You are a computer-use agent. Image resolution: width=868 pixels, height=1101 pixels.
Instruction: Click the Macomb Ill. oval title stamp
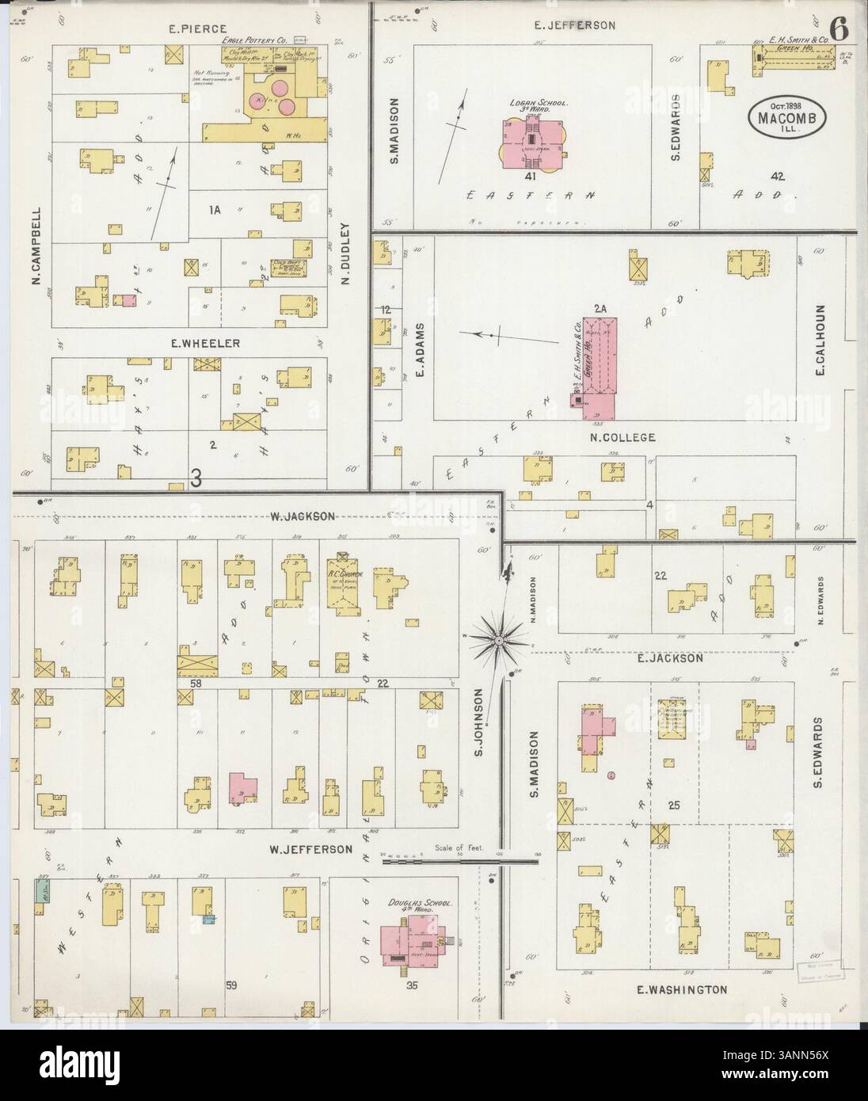(x=787, y=118)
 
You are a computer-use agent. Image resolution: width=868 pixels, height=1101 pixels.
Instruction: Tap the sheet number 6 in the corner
(x=839, y=29)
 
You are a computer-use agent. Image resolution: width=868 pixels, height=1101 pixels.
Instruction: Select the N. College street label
(x=622, y=436)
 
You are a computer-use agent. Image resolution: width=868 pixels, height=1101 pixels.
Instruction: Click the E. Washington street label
(x=682, y=989)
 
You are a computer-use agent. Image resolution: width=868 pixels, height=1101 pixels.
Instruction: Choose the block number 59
(x=231, y=986)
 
